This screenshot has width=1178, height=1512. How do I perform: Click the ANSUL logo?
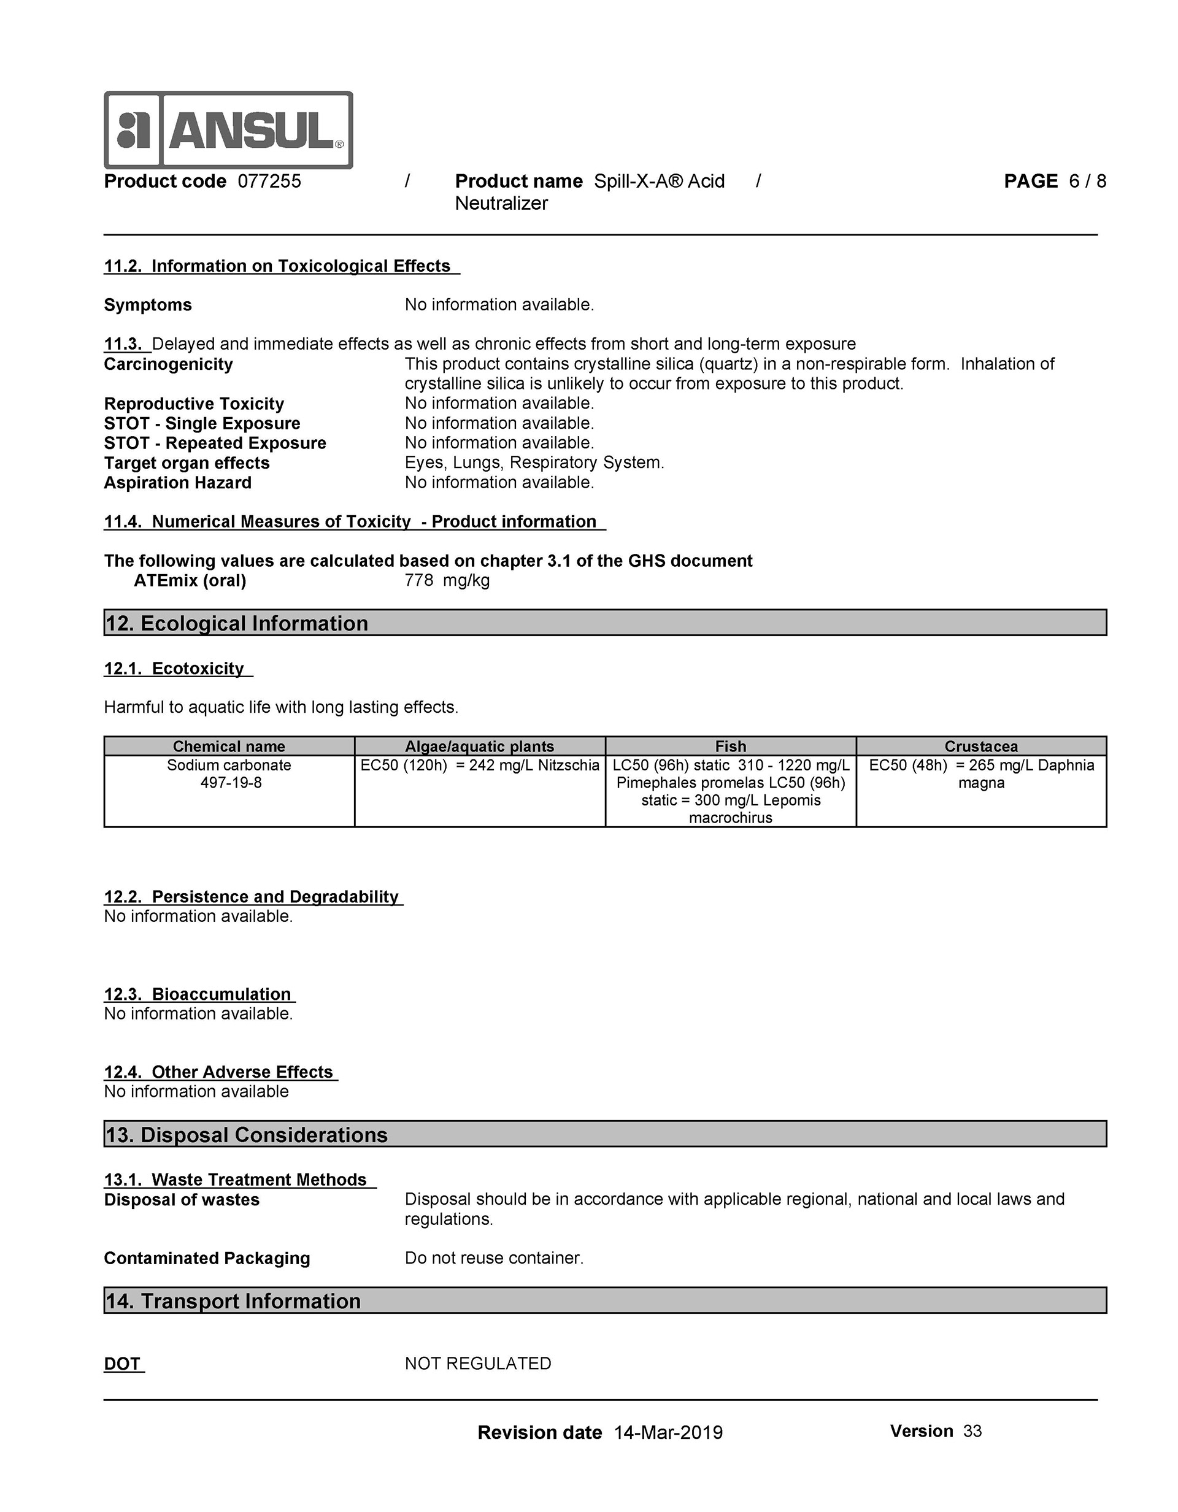tap(228, 129)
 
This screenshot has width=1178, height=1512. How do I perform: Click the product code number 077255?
tap(269, 182)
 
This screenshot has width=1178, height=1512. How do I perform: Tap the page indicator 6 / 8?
tap(1087, 182)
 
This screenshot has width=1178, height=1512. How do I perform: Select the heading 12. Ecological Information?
tap(237, 623)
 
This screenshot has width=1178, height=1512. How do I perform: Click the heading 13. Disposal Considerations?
tap(247, 1135)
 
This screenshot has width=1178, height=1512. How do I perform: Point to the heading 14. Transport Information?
tap(233, 1301)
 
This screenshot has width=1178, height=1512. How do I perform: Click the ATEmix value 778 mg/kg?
tap(447, 580)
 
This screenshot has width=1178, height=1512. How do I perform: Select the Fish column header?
tap(731, 746)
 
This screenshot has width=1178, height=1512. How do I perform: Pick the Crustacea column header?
tap(981, 746)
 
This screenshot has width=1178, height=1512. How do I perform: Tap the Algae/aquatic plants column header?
tap(479, 746)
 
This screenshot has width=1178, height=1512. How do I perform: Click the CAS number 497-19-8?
tap(231, 783)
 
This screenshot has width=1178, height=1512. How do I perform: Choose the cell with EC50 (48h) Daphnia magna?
tap(981, 774)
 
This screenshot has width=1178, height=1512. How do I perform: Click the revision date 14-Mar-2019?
tap(668, 1432)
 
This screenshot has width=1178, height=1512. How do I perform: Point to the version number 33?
tap(972, 1431)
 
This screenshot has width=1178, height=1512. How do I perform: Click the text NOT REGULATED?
tap(478, 1363)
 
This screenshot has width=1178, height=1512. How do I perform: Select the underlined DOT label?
tap(123, 1364)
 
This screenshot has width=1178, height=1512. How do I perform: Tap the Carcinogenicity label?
tap(168, 364)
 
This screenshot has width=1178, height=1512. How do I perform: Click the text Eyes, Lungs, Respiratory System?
tap(534, 462)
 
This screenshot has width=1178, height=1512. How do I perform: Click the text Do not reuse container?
tap(494, 1258)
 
